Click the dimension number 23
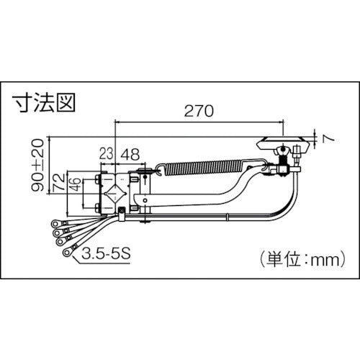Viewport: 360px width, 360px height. click(106, 153)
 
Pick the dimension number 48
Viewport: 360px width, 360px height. click(130, 153)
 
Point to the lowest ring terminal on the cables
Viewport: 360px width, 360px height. click(67, 253)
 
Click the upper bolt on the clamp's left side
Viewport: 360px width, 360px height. click(97, 179)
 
